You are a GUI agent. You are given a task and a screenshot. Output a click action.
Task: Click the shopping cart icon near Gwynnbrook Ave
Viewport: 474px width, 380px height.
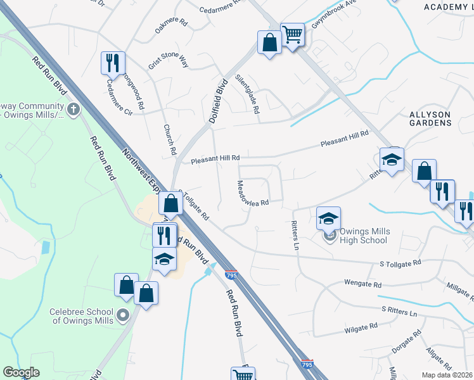pyautogui.click(x=292, y=35)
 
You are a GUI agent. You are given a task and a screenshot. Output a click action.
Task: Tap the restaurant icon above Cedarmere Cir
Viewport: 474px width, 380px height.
pyautogui.click(x=113, y=63)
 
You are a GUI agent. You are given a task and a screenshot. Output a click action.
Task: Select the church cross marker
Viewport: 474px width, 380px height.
pyautogui.click(x=74, y=110)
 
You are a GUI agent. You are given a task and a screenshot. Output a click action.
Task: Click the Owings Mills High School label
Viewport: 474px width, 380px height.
pyautogui.click(x=364, y=236)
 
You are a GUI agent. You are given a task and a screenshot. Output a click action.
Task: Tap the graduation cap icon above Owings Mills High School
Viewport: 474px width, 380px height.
pyautogui.click(x=328, y=218)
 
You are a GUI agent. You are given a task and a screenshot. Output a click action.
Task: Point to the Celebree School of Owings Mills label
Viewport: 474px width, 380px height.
pyautogui.click(x=82, y=316)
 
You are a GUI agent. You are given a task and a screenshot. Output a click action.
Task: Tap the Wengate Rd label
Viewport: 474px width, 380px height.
pyautogui.click(x=362, y=284)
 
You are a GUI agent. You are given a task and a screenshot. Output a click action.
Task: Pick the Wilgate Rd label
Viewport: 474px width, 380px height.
pyautogui.click(x=361, y=326)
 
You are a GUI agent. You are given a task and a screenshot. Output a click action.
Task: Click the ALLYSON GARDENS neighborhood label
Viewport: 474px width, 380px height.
pyautogui.click(x=430, y=118)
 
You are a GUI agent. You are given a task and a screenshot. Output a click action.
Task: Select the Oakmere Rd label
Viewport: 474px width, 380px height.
pyautogui.click(x=171, y=26)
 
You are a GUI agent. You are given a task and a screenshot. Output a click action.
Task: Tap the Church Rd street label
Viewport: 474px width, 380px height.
pyautogui.click(x=169, y=140)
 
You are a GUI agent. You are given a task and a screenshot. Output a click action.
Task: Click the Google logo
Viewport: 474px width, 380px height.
pyautogui.click(x=21, y=372)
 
